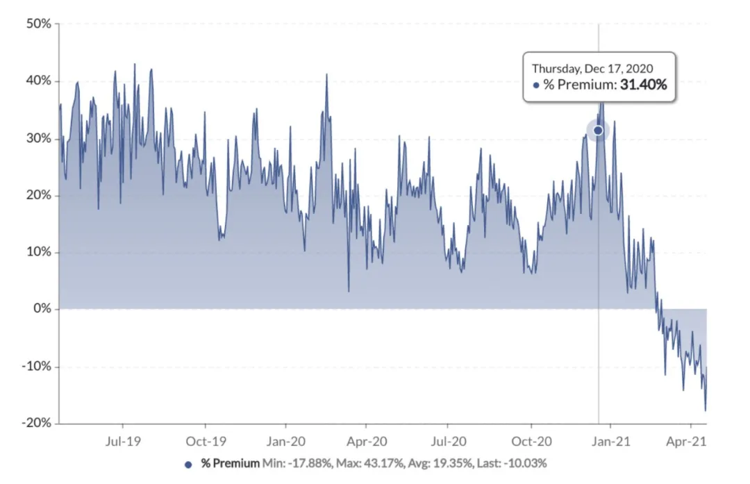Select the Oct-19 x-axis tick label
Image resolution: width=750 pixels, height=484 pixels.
click(x=206, y=441)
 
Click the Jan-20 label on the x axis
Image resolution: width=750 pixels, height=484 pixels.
click(x=285, y=441)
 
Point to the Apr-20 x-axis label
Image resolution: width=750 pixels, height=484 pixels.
click(x=367, y=441)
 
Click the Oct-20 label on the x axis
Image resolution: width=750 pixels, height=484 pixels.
click(x=531, y=441)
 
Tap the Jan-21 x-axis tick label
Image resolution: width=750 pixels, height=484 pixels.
click(x=611, y=441)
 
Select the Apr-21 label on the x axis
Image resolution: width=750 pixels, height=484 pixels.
click(x=691, y=441)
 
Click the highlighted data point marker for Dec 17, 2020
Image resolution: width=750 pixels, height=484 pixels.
click(x=598, y=131)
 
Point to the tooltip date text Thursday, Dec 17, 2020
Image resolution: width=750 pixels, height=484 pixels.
click(x=592, y=69)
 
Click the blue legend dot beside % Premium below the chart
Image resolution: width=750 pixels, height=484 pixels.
click(x=188, y=463)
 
